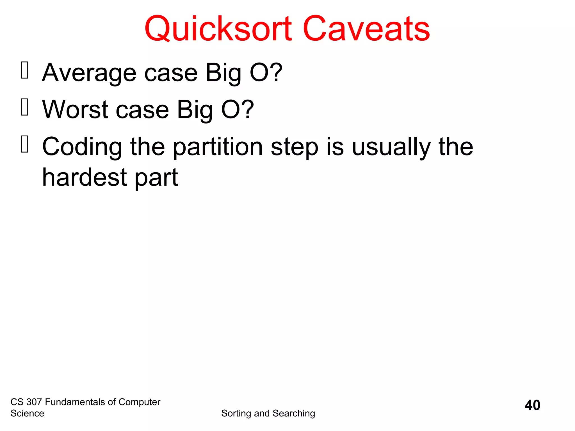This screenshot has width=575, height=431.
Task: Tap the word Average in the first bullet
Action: (89, 73)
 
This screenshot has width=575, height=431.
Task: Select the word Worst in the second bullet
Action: (75, 110)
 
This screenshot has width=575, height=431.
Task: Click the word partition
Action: (218, 147)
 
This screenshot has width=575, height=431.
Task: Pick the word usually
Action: (391, 147)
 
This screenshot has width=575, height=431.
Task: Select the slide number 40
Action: (532, 405)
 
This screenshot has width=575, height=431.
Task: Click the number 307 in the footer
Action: (34, 402)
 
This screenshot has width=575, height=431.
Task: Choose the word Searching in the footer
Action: (294, 414)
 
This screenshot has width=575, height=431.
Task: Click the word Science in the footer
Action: (27, 414)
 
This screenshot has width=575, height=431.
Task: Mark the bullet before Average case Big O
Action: (24, 70)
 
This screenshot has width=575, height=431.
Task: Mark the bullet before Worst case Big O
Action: (24, 107)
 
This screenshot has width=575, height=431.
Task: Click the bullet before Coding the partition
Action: (24, 144)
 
